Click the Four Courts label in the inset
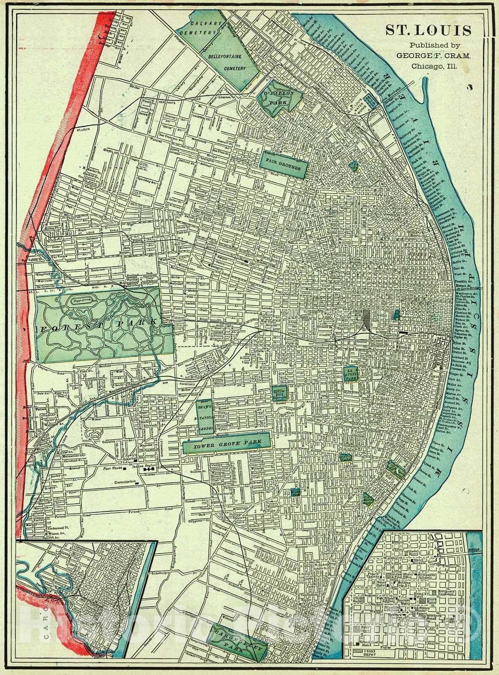pos(365,629)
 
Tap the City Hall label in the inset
pos(355,599)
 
